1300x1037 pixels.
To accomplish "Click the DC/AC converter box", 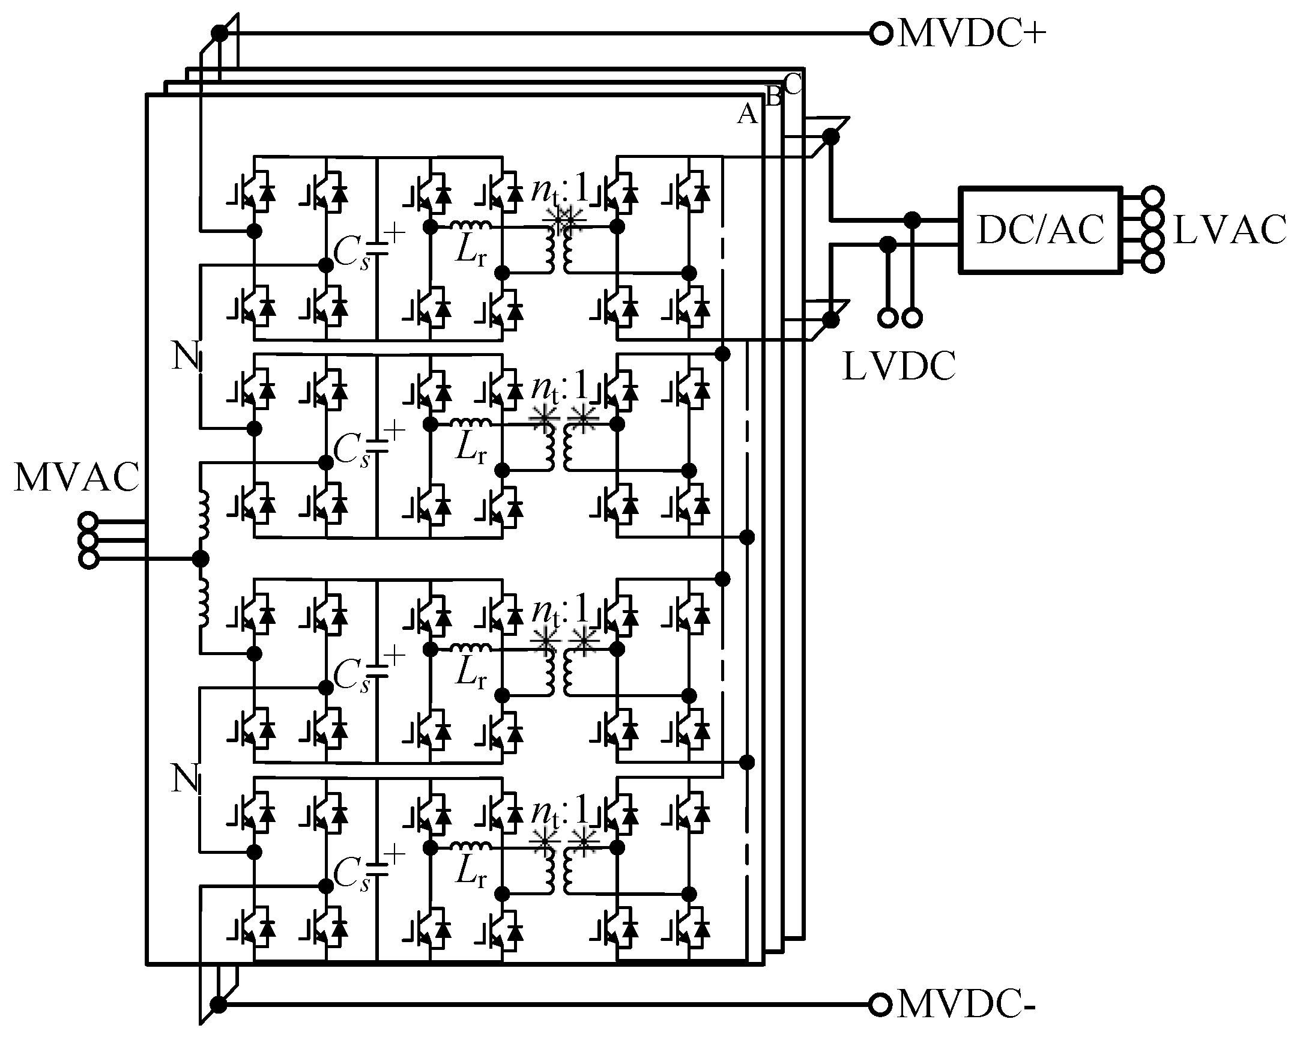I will tap(1040, 230).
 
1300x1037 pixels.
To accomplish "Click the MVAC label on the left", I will tap(77, 477).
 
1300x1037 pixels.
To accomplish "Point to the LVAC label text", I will tap(1230, 231).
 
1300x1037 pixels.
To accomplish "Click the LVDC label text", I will tap(898, 366).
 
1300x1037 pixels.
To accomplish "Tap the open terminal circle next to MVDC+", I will tap(881, 34).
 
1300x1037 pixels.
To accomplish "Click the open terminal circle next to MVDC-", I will tap(880, 1005).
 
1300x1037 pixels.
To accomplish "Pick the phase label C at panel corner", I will tap(793, 84).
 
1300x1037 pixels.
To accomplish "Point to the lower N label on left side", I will tap(185, 778).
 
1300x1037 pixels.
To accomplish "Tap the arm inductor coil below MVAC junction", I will tap(203, 603).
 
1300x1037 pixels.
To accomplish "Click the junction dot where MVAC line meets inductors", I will tap(200, 559).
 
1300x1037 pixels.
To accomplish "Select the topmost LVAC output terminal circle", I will tap(1153, 196).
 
